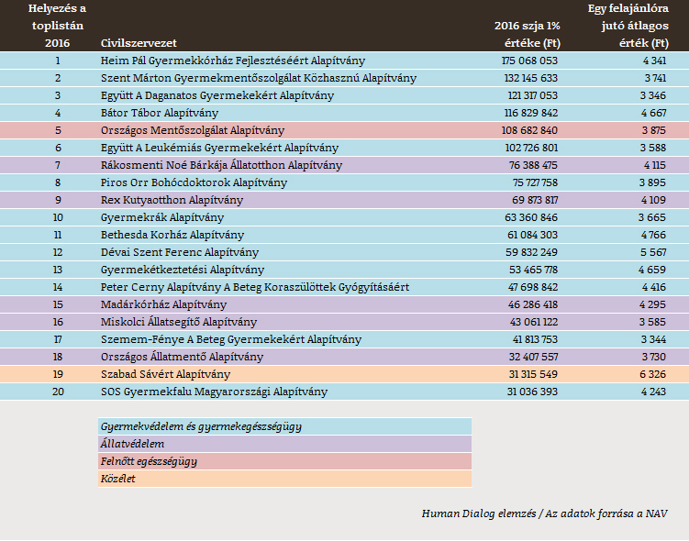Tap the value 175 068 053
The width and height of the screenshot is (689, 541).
tap(529, 61)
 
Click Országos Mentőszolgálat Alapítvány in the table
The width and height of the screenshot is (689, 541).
tap(193, 130)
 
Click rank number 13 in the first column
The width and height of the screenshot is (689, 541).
tap(57, 270)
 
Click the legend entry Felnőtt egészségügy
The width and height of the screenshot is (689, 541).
tap(148, 461)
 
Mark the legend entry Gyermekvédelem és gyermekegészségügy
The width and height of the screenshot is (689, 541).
tap(201, 426)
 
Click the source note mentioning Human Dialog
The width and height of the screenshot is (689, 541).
tap(544, 513)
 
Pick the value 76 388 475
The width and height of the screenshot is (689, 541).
tap(531, 165)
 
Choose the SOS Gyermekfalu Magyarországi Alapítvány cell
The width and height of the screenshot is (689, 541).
tap(214, 392)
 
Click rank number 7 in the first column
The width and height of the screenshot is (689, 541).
tap(57, 165)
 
